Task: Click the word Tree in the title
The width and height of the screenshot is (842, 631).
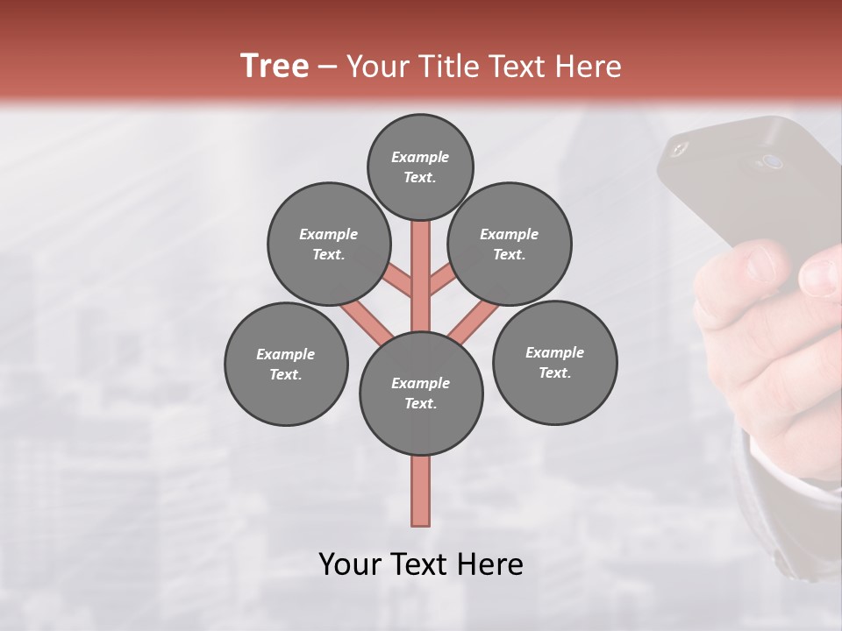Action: pos(275,67)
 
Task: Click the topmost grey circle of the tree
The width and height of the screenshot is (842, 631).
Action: pos(420,167)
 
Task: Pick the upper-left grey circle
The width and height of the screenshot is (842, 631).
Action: pos(329,244)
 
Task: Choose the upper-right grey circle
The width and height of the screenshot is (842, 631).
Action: pos(510,244)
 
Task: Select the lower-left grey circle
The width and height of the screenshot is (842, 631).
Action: pos(286,364)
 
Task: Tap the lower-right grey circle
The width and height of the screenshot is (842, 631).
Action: pos(554,362)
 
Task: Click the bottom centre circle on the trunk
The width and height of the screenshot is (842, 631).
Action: pos(421,393)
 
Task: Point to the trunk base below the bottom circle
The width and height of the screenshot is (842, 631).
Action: pos(421,491)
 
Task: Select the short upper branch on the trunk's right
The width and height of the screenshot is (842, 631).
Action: pos(441,280)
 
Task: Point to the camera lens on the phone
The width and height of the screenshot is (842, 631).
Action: pos(772,161)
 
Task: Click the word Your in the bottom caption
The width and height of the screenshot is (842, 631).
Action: pos(350,564)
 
